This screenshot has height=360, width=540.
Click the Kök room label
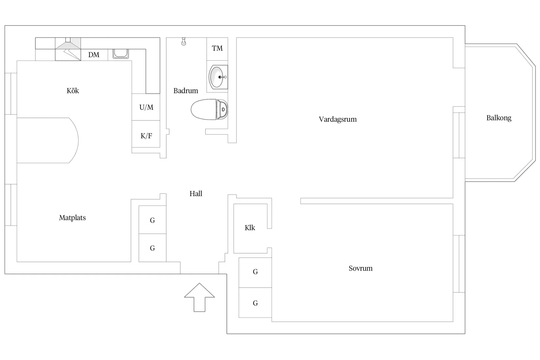tap(73, 91)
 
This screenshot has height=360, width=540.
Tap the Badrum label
tap(186, 91)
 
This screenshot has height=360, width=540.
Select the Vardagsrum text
tap(337, 119)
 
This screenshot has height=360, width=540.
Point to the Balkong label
tap(499, 118)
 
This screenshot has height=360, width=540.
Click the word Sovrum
tap(360, 268)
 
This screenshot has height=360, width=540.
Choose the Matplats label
tap(72, 218)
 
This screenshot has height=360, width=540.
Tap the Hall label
tap(196, 194)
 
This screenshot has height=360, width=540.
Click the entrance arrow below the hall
tap(199, 297)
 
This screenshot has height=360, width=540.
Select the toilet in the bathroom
tap(209, 109)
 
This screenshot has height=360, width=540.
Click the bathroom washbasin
tap(218, 77)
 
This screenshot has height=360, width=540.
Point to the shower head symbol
tap(184, 41)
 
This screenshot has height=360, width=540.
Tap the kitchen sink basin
tap(121, 54)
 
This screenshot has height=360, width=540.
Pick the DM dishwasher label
tap(94, 55)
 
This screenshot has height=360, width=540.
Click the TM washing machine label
tap(217, 48)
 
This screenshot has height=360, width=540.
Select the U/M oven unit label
tap(146, 107)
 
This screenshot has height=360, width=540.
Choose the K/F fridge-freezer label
tap(146, 136)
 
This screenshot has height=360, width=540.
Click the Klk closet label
tap(250, 228)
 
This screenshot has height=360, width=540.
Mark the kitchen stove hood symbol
tap(68, 49)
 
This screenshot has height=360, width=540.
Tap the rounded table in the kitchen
tap(47, 140)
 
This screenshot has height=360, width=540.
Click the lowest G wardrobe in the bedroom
tap(255, 303)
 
